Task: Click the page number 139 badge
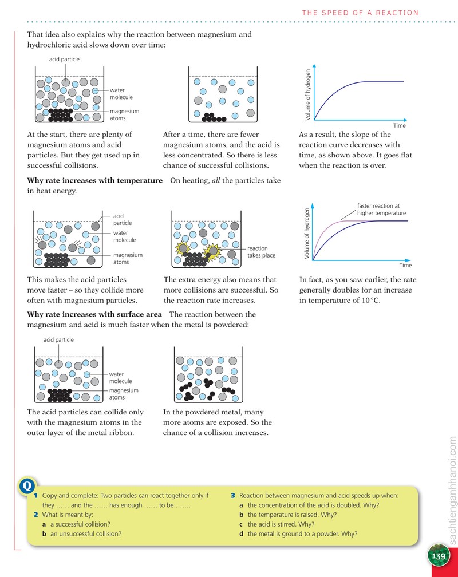pos(438,555)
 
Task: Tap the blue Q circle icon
pos(27,486)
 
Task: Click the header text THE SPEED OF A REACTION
pos(360,13)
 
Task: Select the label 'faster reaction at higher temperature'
pos(381,210)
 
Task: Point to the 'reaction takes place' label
pos(261,252)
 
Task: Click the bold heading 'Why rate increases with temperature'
pos(94,180)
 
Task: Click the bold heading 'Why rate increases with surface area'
pos(94,314)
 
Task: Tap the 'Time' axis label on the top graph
pos(400,125)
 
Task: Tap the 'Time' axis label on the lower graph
pos(405,266)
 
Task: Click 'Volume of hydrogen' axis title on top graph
pos(308,95)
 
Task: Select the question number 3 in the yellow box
pos(233,495)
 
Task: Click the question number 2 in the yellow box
pos(35,515)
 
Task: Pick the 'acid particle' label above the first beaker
pos(64,60)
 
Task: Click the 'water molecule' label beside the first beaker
pos(121,93)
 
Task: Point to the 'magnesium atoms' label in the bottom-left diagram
pos(124,394)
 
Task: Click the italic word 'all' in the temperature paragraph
pos(216,180)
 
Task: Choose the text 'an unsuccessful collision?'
pos(86,533)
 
